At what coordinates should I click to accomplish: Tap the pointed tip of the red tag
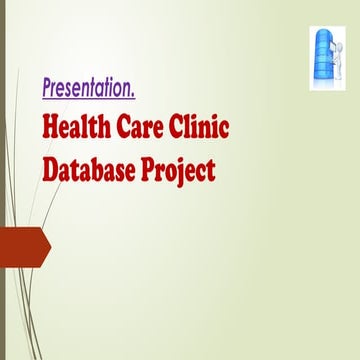[x=49, y=246]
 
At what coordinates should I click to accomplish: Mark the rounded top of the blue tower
[x=324, y=31]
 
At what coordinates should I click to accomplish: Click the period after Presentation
[x=133, y=94]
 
